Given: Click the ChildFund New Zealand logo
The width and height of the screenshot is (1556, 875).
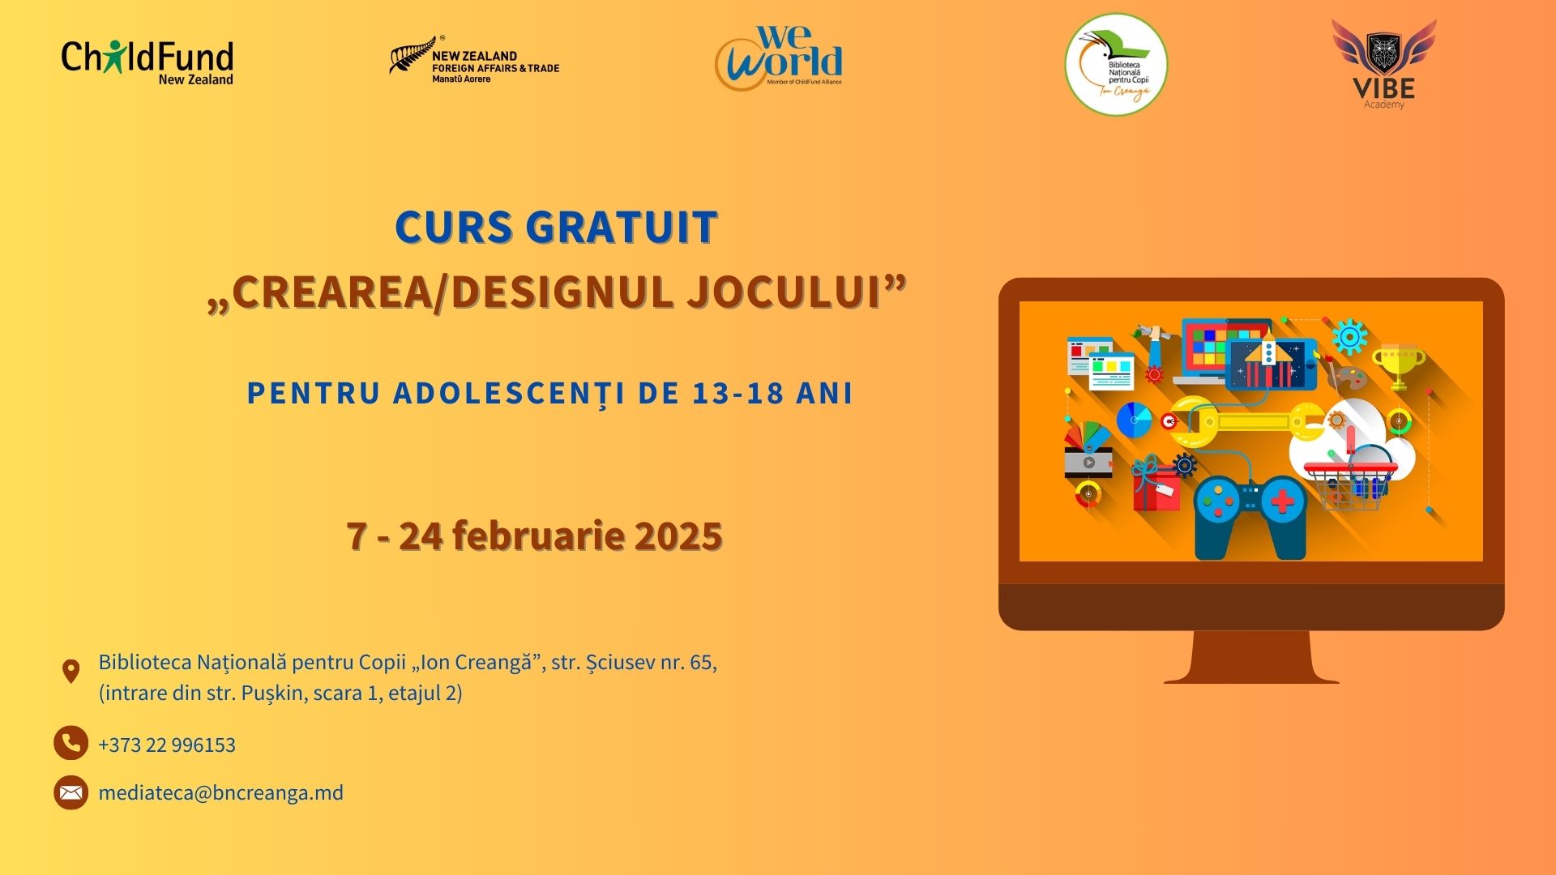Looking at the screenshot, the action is point(147,62).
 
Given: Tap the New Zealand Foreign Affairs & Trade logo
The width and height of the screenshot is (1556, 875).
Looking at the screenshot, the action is point(475,60).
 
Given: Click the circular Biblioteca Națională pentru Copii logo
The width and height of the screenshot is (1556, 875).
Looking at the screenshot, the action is point(1116,65).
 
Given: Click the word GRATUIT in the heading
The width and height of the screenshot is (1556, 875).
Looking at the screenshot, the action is point(622,227).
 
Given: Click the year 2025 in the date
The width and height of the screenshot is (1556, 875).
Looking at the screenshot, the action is point(678,536).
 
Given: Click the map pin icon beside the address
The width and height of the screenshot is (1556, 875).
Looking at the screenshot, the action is point(71,672).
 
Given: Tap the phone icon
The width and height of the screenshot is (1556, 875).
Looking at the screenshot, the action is point(71,743).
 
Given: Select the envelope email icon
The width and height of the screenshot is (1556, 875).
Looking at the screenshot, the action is point(71,793).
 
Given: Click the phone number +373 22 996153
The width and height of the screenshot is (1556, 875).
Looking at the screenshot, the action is point(167,745).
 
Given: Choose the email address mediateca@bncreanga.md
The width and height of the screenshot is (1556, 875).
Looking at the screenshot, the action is point(221,792).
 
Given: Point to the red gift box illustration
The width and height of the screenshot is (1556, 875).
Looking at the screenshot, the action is point(1156,486).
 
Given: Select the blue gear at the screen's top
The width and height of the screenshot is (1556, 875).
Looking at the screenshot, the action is point(1349,337).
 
